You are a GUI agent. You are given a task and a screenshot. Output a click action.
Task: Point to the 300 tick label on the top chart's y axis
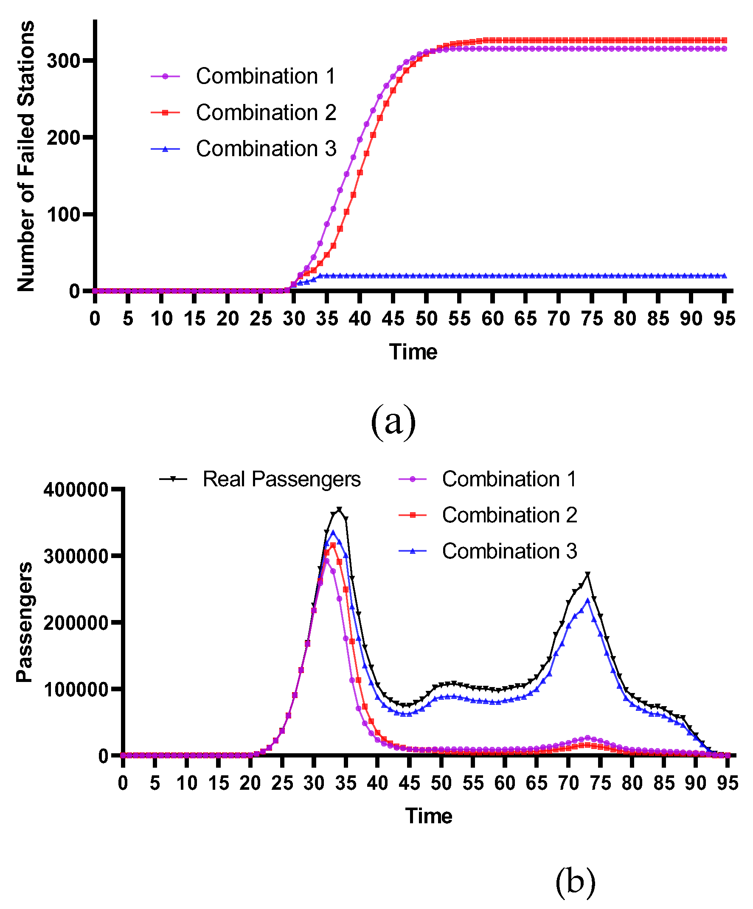point(64,61)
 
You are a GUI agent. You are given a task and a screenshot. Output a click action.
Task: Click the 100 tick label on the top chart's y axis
point(64,215)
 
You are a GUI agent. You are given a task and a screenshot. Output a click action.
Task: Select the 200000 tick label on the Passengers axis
point(76,623)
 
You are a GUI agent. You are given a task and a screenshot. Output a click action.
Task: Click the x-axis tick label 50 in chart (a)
point(427,319)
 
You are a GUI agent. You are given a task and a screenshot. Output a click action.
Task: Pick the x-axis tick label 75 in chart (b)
point(600,783)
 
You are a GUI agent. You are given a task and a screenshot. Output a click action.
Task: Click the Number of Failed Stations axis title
point(26,156)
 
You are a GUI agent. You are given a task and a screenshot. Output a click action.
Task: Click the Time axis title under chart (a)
point(413,351)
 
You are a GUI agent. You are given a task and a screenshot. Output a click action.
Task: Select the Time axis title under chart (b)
point(429,816)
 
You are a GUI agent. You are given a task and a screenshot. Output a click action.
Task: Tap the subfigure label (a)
point(393,421)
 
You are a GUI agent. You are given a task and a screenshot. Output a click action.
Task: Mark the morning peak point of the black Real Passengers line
point(339,510)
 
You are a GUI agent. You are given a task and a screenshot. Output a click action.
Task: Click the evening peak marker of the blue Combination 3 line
point(587,600)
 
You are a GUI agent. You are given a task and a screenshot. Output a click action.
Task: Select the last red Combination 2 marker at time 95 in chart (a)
point(724,40)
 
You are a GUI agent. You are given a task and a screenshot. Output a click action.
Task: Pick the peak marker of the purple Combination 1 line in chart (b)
point(326,561)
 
